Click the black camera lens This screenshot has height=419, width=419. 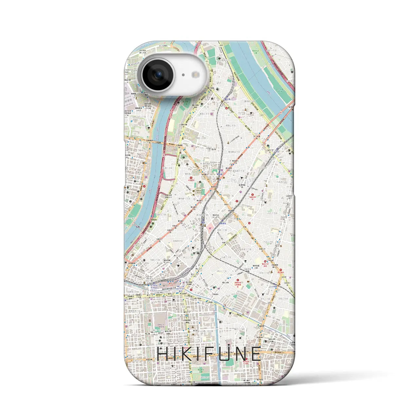[157, 75]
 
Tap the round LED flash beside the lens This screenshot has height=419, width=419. [196, 75]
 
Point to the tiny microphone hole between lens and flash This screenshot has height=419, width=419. [183, 75]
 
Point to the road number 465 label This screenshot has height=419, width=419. [209, 257]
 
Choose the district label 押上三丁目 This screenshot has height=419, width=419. [222, 271]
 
